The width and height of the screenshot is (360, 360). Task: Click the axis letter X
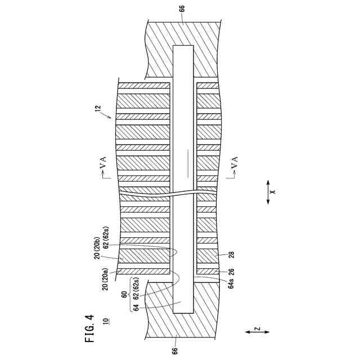pos(272,192)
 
